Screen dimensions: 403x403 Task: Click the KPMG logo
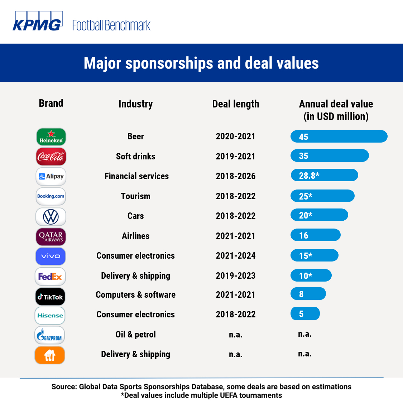(38, 21)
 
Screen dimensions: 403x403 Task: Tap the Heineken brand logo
(51, 137)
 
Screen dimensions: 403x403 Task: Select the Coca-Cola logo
(51, 157)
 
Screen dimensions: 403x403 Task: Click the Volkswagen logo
(51, 217)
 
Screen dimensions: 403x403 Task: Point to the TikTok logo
(51, 297)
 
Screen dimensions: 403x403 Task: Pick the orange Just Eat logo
(50, 355)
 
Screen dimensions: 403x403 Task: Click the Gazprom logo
(50, 335)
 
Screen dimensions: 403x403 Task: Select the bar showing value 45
(339, 136)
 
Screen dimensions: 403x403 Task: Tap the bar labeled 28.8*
(324, 175)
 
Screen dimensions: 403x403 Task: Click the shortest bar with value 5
(305, 314)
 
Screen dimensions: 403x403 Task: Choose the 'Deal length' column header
(235, 104)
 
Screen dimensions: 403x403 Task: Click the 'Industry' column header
(135, 104)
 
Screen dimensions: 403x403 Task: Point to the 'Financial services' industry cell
(136, 176)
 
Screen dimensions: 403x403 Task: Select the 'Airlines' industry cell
(135, 236)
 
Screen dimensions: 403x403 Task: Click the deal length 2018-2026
(235, 176)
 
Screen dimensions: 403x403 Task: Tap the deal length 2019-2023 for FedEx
(235, 275)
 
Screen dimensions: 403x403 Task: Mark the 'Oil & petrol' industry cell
(135, 334)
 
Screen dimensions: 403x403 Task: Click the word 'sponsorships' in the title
(169, 63)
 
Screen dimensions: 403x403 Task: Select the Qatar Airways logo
(51, 237)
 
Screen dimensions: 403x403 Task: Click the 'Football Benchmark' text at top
(111, 25)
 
